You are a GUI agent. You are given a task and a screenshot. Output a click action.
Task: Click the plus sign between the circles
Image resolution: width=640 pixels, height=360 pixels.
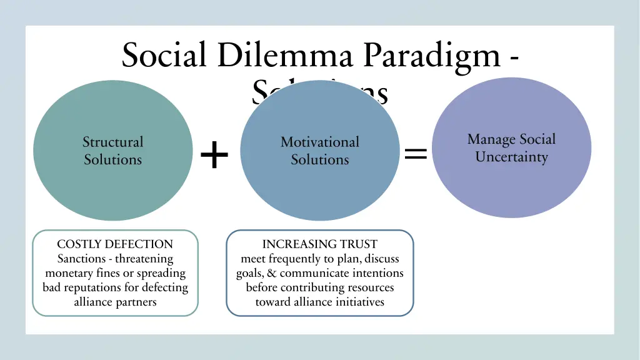pos(214,155)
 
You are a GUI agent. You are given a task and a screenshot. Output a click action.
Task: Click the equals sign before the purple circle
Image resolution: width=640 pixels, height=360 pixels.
pos(416,152)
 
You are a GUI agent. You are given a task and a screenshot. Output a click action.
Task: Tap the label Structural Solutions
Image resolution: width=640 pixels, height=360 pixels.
pos(113,151)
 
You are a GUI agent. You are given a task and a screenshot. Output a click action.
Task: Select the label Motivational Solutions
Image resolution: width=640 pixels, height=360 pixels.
pos(319,151)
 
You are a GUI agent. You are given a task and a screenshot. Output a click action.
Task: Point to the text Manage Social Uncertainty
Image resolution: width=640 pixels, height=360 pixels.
pos(511,148)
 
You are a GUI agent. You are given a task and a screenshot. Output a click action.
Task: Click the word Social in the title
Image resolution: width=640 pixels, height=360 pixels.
pos(164,55)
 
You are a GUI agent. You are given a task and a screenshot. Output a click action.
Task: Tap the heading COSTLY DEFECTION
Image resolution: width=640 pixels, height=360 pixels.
pos(115,244)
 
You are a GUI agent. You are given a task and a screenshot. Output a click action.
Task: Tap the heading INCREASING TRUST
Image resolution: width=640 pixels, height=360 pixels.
pos(319,244)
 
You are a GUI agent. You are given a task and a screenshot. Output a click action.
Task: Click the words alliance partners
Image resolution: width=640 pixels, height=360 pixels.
pos(115,302)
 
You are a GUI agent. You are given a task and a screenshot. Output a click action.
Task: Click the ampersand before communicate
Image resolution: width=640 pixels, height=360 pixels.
pos(273,273)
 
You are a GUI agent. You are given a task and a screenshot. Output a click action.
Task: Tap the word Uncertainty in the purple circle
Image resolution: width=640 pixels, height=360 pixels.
pos(511,157)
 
